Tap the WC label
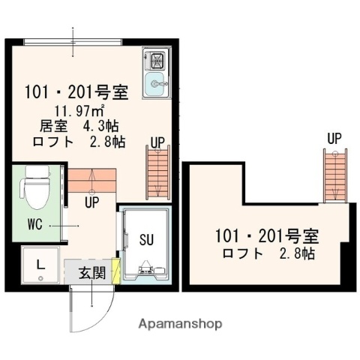35,224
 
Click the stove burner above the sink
158,60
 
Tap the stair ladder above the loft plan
335,175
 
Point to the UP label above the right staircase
335,139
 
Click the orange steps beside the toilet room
92,181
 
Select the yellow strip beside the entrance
115,270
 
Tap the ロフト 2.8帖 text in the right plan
268,254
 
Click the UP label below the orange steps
93,202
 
